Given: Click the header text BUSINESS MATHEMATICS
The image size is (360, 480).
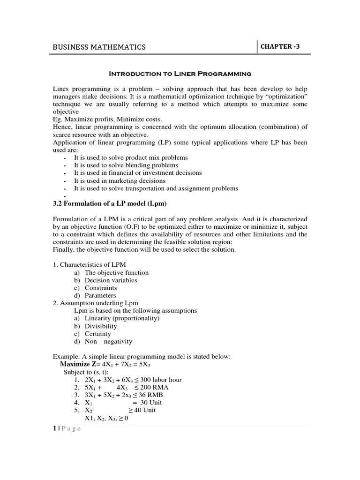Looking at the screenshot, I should tap(99, 47).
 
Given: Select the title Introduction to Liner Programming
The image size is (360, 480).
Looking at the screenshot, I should tap(180, 74).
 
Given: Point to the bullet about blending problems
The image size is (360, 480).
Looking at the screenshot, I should tap(126, 165).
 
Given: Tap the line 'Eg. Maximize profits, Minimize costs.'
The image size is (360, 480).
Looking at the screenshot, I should tap(107, 120).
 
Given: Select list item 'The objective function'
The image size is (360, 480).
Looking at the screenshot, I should tap(116, 272).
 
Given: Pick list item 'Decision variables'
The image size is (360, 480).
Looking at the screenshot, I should tap(111, 280).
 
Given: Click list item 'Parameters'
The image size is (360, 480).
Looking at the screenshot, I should tap(100, 295).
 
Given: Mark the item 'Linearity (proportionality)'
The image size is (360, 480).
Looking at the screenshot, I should tap(122, 318).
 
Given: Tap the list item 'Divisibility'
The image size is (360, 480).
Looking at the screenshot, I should tap(101, 326).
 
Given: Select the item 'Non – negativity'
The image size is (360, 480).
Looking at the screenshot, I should tap(108, 341).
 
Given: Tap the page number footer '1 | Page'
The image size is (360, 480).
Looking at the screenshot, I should tap(67, 429).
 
